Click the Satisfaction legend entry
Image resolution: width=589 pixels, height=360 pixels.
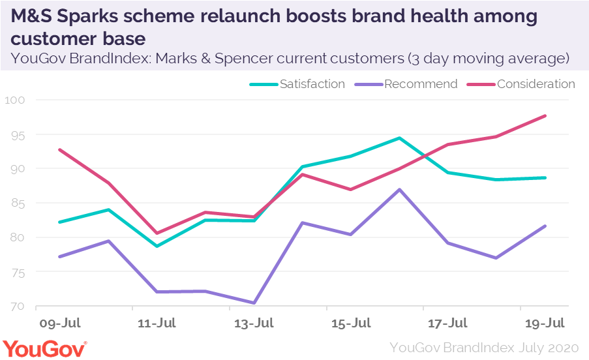(312, 84)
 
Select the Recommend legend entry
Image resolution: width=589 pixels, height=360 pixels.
(421, 84)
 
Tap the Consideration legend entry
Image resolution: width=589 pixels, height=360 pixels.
(536, 84)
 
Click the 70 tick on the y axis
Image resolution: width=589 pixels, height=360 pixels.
(17, 306)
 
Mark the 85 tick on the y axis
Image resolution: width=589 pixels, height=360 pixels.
(17, 203)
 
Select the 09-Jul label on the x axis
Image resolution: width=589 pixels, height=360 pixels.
(61, 323)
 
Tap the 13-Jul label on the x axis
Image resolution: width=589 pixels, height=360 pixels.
(254, 323)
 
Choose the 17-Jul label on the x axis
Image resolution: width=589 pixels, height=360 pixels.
(448, 323)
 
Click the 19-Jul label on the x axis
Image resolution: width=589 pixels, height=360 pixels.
(545, 323)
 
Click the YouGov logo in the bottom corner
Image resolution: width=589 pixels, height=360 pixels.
(44, 348)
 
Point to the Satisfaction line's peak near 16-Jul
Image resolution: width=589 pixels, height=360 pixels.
(399, 138)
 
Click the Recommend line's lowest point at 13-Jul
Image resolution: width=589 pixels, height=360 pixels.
(254, 303)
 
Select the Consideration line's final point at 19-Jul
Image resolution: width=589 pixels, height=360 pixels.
(545, 116)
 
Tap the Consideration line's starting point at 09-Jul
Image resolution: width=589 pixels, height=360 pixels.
(59, 149)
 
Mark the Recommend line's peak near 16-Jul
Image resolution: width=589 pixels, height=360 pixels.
(399, 190)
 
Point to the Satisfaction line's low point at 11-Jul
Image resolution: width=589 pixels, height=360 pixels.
(157, 246)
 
